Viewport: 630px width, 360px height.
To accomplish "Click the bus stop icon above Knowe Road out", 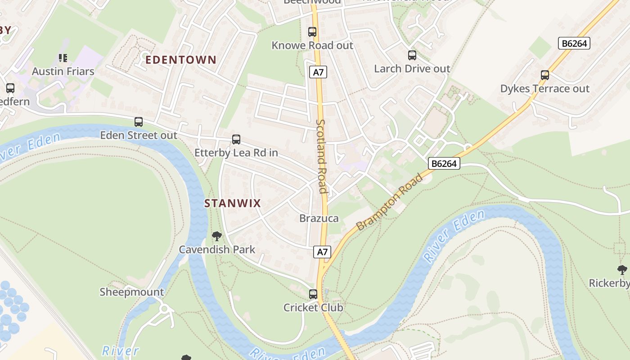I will click(312, 32).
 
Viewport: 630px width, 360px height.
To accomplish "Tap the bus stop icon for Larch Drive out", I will click(412, 55).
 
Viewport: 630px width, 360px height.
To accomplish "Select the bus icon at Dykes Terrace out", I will click(544, 75).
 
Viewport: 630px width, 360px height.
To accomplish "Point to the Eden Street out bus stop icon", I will click(139, 122).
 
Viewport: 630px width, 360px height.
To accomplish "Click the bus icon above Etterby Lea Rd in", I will click(236, 139).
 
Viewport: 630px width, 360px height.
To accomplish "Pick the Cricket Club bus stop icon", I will click(313, 294).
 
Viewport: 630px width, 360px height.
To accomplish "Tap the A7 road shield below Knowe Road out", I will click(318, 72).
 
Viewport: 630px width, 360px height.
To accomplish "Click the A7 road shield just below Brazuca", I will click(322, 252).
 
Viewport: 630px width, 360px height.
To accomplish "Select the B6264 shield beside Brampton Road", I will click(444, 163).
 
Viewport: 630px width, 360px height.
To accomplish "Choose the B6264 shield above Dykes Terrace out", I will click(574, 43).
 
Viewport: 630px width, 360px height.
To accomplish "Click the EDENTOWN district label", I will click(181, 60).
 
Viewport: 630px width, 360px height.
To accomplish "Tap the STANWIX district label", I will click(233, 203).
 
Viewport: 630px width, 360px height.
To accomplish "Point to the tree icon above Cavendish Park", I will click(217, 236).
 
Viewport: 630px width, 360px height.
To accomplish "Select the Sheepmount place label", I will click(132, 292).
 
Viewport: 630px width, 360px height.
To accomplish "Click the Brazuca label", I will click(319, 219).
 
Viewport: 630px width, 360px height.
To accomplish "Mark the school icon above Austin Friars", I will click(63, 58).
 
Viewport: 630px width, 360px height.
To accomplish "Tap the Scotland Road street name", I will click(321, 156).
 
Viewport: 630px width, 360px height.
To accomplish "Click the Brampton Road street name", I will click(390, 202).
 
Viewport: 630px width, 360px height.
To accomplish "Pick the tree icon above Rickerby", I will click(622, 270).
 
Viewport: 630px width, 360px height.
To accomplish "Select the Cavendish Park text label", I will click(217, 250).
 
